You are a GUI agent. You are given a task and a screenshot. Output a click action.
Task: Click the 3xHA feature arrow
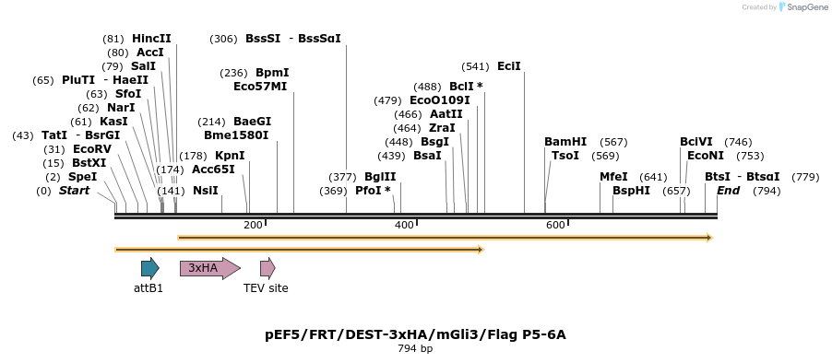[209, 268]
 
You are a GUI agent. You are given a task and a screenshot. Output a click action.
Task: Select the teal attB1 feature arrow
[149, 268]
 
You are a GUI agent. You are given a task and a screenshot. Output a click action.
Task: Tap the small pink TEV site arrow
[267, 268]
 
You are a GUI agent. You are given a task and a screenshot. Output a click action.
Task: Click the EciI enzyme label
[508, 66]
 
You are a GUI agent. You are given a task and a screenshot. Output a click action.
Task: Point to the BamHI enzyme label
[565, 142]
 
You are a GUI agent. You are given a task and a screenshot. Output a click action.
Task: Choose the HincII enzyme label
[151, 39]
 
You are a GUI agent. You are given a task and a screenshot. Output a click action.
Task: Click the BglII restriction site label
[380, 177]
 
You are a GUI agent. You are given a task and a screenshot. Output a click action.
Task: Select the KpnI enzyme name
[230, 156]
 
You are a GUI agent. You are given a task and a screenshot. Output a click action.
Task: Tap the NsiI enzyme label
[205, 191]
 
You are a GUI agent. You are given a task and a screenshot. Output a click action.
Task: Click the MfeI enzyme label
[613, 177]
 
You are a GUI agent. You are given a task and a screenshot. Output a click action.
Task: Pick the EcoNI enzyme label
[706, 156]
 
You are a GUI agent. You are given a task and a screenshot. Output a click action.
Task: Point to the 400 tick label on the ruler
[404, 226]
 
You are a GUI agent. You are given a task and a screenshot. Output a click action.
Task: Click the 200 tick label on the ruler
[253, 226]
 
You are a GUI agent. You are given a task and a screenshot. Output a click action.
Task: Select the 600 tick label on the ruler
[555, 226]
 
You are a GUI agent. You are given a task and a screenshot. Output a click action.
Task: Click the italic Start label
[75, 191]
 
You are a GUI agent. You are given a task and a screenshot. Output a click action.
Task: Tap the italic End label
[728, 191]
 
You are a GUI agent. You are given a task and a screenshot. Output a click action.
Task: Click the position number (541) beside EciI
[475, 66]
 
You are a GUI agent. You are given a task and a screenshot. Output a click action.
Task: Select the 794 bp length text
[415, 349]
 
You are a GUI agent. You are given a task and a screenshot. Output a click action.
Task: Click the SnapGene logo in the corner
[802, 7]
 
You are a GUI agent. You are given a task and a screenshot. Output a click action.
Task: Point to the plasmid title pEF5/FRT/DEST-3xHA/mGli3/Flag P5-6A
[415, 334]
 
